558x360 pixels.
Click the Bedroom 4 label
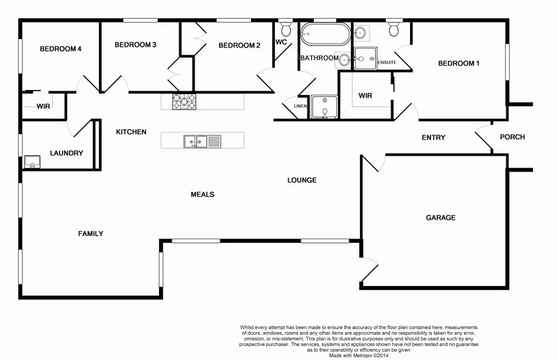[x=61, y=49]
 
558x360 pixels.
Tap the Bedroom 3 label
[x=135, y=45]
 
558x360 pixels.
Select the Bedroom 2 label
[x=239, y=46]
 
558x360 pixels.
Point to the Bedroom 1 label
[x=458, y=64]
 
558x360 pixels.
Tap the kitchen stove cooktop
[x=184, y=101]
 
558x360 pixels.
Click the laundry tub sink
[x=31, y=163]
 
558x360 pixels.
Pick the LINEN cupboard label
[x=301, y=106]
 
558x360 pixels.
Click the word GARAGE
[x=440, y=218]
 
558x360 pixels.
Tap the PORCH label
[x=512, y=137]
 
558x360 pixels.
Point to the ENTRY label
[x=433, y=137]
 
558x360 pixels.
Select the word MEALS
[x=202, y=195]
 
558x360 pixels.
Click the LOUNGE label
[x=302, y=180]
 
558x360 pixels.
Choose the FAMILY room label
[x=91, y=234]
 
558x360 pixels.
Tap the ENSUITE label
[x=387, y=63]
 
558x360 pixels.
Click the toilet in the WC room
[x=286, y=29]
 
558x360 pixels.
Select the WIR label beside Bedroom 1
[x=365, y=96]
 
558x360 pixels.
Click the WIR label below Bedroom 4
[x=43, y=107]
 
